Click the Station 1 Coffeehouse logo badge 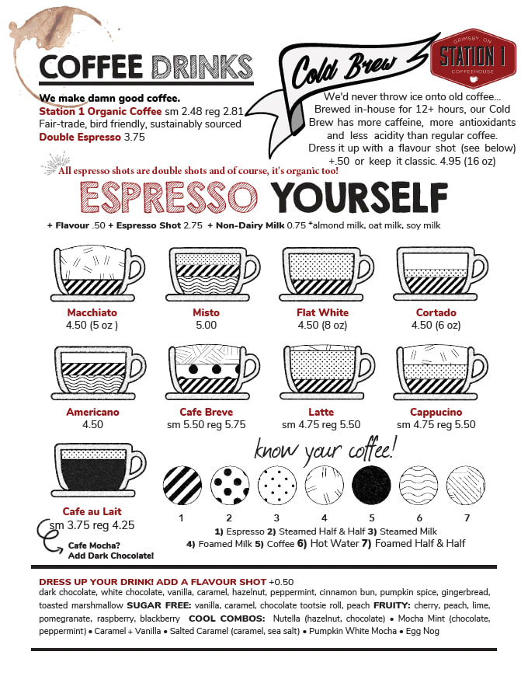(x=473, y=58)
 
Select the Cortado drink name (x=436, y=312)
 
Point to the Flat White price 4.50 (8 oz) (x=322, y=326)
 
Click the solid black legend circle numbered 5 (x=371, y=485)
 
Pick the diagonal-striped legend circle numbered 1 (x=182, y=485)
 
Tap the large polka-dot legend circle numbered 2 (x=229, y=485)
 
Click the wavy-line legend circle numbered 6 (x=419, y=485)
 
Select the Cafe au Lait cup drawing (x=99, y=470)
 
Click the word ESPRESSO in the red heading (x=169, y=197)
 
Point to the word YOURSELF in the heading (x=360, y=197)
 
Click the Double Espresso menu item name (x=80, y=138)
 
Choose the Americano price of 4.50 (x=92, y=425)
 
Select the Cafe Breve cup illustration (x=213, y=372)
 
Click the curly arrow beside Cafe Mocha (x=49, y=537)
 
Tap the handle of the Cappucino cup (x=480, y=369)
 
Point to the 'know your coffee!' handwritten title (x=325, y=449)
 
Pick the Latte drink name (x=321, y=412)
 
